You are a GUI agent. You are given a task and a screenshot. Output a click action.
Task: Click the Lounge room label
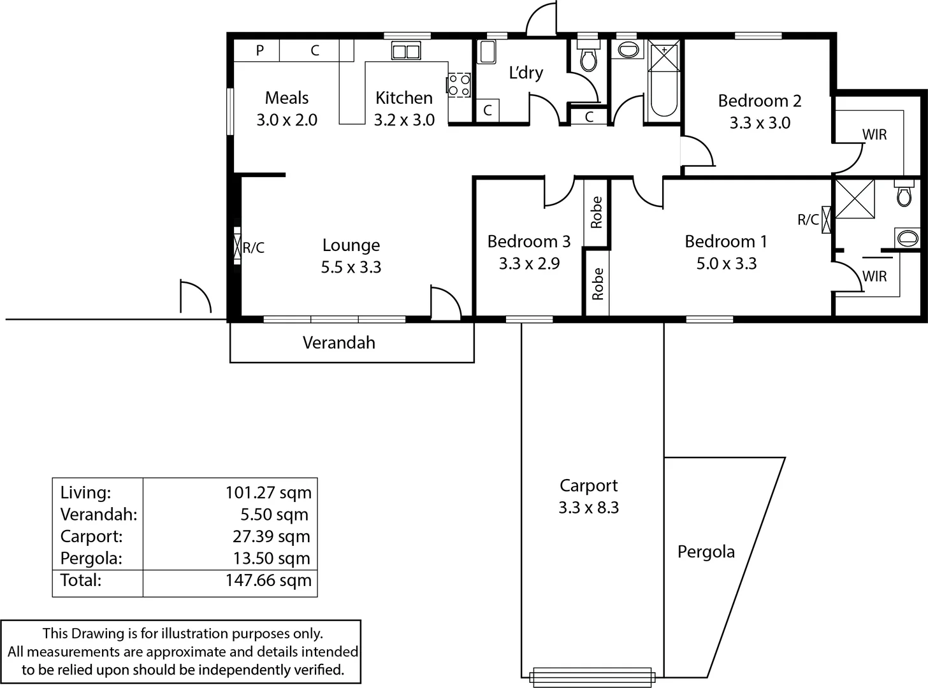[x=351, y=245]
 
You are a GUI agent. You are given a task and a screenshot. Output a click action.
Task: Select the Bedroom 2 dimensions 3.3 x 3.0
[x=760, y=123]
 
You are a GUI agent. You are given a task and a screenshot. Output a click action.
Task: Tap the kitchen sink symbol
[x=405, y=52]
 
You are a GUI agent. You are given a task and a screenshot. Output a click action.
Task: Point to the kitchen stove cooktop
[x=459, y=85]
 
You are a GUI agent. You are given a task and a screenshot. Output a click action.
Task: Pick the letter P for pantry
[x=260, y=50]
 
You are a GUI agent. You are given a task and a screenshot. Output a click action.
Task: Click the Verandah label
[x=338, y=343]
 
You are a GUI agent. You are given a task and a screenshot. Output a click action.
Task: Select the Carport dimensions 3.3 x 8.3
[x=588, y=508]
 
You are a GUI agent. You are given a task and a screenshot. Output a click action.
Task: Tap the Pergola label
[x=706, y=552]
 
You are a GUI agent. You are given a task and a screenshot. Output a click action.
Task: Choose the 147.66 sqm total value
[x=268, y=580]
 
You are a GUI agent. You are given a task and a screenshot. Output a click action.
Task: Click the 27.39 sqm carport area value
[x=271, y=536]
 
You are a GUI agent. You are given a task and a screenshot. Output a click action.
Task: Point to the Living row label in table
[x=85, y=492]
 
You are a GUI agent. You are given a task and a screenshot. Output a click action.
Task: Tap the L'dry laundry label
[x=526, y=73]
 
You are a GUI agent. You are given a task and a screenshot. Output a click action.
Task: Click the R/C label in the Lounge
[x=253, y=248]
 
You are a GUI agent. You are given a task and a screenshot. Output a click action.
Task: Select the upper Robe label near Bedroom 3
[x=597, y=212]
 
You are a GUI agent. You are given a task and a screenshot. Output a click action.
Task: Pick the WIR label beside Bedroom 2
[x=874, y=134]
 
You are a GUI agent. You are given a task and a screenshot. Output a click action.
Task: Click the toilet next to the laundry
[x=588, y=58]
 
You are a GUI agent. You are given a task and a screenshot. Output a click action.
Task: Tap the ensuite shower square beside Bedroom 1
[x=854, y=199]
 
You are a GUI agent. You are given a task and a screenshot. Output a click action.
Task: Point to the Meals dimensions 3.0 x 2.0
[x=287, y=120]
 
